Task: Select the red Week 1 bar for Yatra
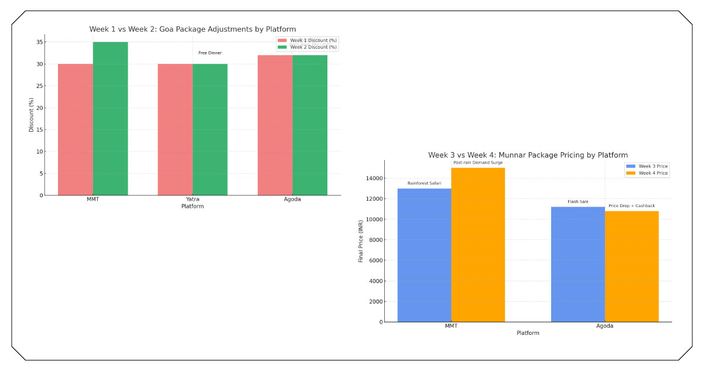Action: pyautogui.click(x=175, y=129)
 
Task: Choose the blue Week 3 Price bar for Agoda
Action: pyautogui.click(x=578, y=264)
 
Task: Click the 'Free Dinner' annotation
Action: pyautogui.click(x=210, y=53)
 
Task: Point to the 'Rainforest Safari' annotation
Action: pyautogui.click(x=425, y=183)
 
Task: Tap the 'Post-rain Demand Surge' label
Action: pyautogui.click(x=478, y=163)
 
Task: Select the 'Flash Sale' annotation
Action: pyautogui.click(x=578, y=202)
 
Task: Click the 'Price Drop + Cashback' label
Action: pyautogui.click(x=631, y=206)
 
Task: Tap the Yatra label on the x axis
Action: pyautogui.click(x=193, y=200)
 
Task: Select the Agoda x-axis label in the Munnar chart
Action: pyautogui.click(x=605, y=326)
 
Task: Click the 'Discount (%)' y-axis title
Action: pyautogui.click(x=32, y=115)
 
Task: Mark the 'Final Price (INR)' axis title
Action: pyautogui.click(x=361, y=240)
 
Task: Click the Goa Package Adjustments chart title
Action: pyautogui.click(x=193, y=29)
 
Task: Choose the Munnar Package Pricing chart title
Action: pyautogui.click(x=528, y=155)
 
